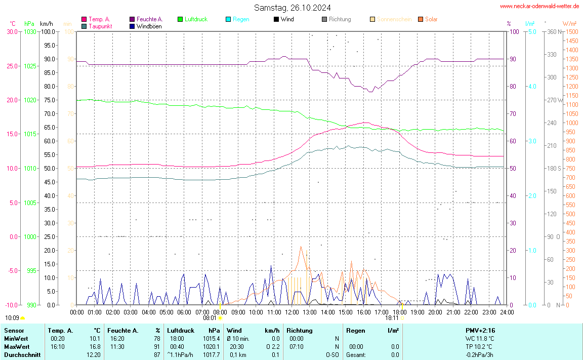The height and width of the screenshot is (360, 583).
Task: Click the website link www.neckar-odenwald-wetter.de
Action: [x=539, y=6]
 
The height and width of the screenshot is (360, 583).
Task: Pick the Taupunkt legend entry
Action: [x=100, y=26]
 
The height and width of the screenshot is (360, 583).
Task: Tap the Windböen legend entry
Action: [x=149, y=26]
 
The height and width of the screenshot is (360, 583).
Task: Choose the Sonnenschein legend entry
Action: [x=394, y=19]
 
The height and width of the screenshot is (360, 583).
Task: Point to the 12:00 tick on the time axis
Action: [x=291, y=312]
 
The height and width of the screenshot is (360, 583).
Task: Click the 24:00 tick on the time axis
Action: [x=507, y=312]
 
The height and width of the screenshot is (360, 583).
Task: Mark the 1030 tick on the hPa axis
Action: [x=30, y=31]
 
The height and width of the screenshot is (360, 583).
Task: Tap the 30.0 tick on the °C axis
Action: [x=12, y=31]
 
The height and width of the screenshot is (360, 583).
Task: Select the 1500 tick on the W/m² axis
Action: [x=571, y=31]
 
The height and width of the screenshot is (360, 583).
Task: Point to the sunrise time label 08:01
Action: [x=210, y=318]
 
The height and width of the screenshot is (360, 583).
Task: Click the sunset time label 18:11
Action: [x=392, y=318]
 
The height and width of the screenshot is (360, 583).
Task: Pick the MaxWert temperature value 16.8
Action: [x=95, y=346]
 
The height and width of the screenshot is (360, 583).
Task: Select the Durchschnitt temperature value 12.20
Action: [x=93, y=355]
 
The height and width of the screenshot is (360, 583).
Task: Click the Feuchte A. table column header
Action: [x=123, y=330]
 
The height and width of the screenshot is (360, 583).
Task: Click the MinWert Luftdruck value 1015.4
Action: [x=212, y=338]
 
